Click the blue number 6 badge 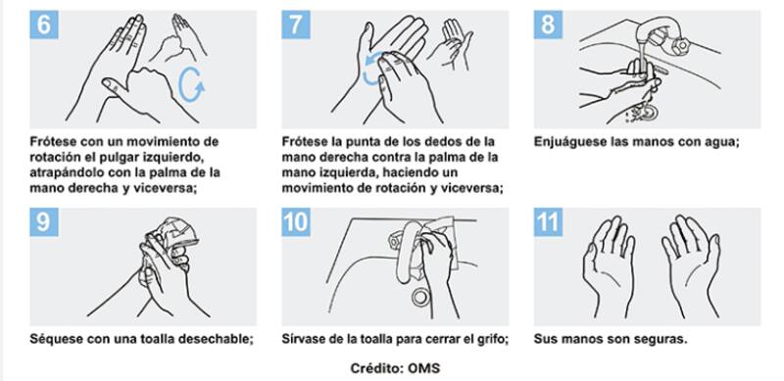tap(44, 24)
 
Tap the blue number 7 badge tap(296, 24)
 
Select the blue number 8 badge tap(548, 24)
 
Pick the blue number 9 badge tap(44, 222)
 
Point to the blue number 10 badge tap(296, 222)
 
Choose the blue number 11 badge tap(548, 222)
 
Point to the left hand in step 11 tap(608, 266)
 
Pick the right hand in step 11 tap(692, 266)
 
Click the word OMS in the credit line tap(424, 368)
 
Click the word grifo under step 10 tap(494, 339)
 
